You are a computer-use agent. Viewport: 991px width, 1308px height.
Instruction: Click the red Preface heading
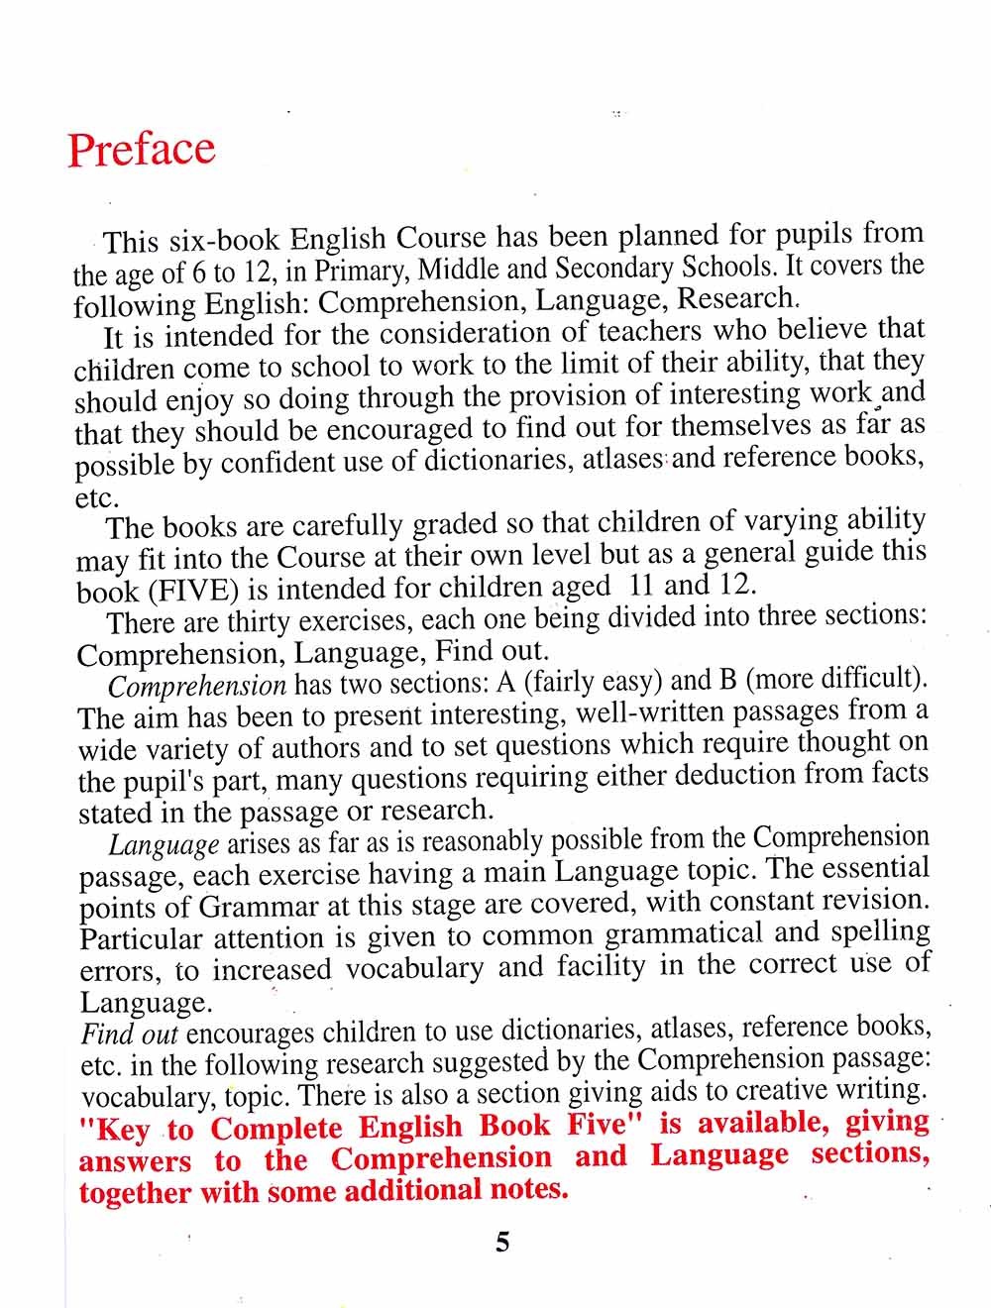[141, 149]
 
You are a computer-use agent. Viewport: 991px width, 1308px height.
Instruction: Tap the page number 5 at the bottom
[502, 1242]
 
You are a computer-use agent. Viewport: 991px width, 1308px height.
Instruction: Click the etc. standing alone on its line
[97, 497]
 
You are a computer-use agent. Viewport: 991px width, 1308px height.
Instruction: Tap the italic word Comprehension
[196, 686]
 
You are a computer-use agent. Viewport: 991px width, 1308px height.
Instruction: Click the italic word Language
[164, 845]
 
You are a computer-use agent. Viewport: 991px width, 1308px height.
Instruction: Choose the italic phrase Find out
[130, 1035]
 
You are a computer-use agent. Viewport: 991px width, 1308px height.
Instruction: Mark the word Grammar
[260, 908]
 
